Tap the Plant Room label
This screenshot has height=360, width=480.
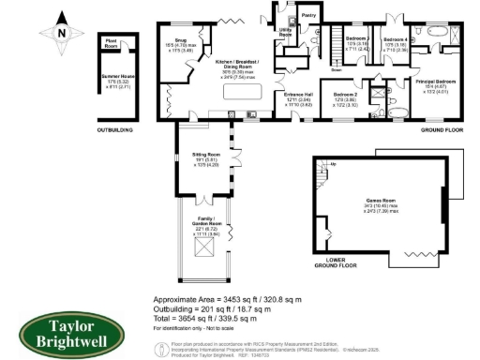pos(112,42)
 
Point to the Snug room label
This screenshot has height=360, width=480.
pos(167,40)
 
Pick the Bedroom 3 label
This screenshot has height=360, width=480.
pos(356,38)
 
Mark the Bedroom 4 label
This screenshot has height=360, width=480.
pos(395,38)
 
